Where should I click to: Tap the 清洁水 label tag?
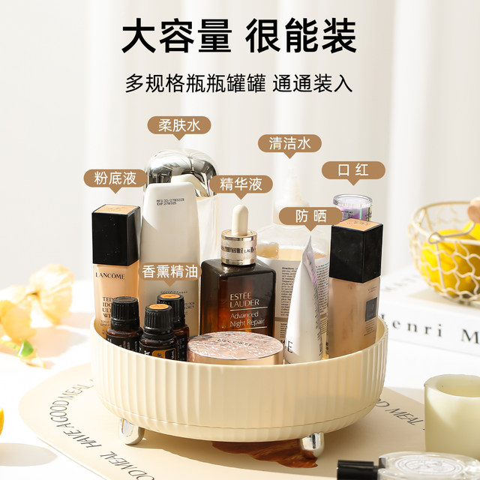(x=289, y=143)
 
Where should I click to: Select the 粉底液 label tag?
(x=115, y=178)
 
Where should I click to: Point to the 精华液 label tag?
(x=241, y=184)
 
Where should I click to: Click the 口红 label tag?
(x=353, y=169)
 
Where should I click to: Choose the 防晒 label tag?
(x=310, y=216)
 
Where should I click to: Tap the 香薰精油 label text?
(x=170, y=271)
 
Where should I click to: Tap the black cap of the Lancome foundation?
(x=115, y=235)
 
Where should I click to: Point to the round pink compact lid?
(x=235, y=347)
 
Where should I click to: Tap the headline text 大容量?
(x=176, y=34)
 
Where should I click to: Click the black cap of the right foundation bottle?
(x=355, y=250)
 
